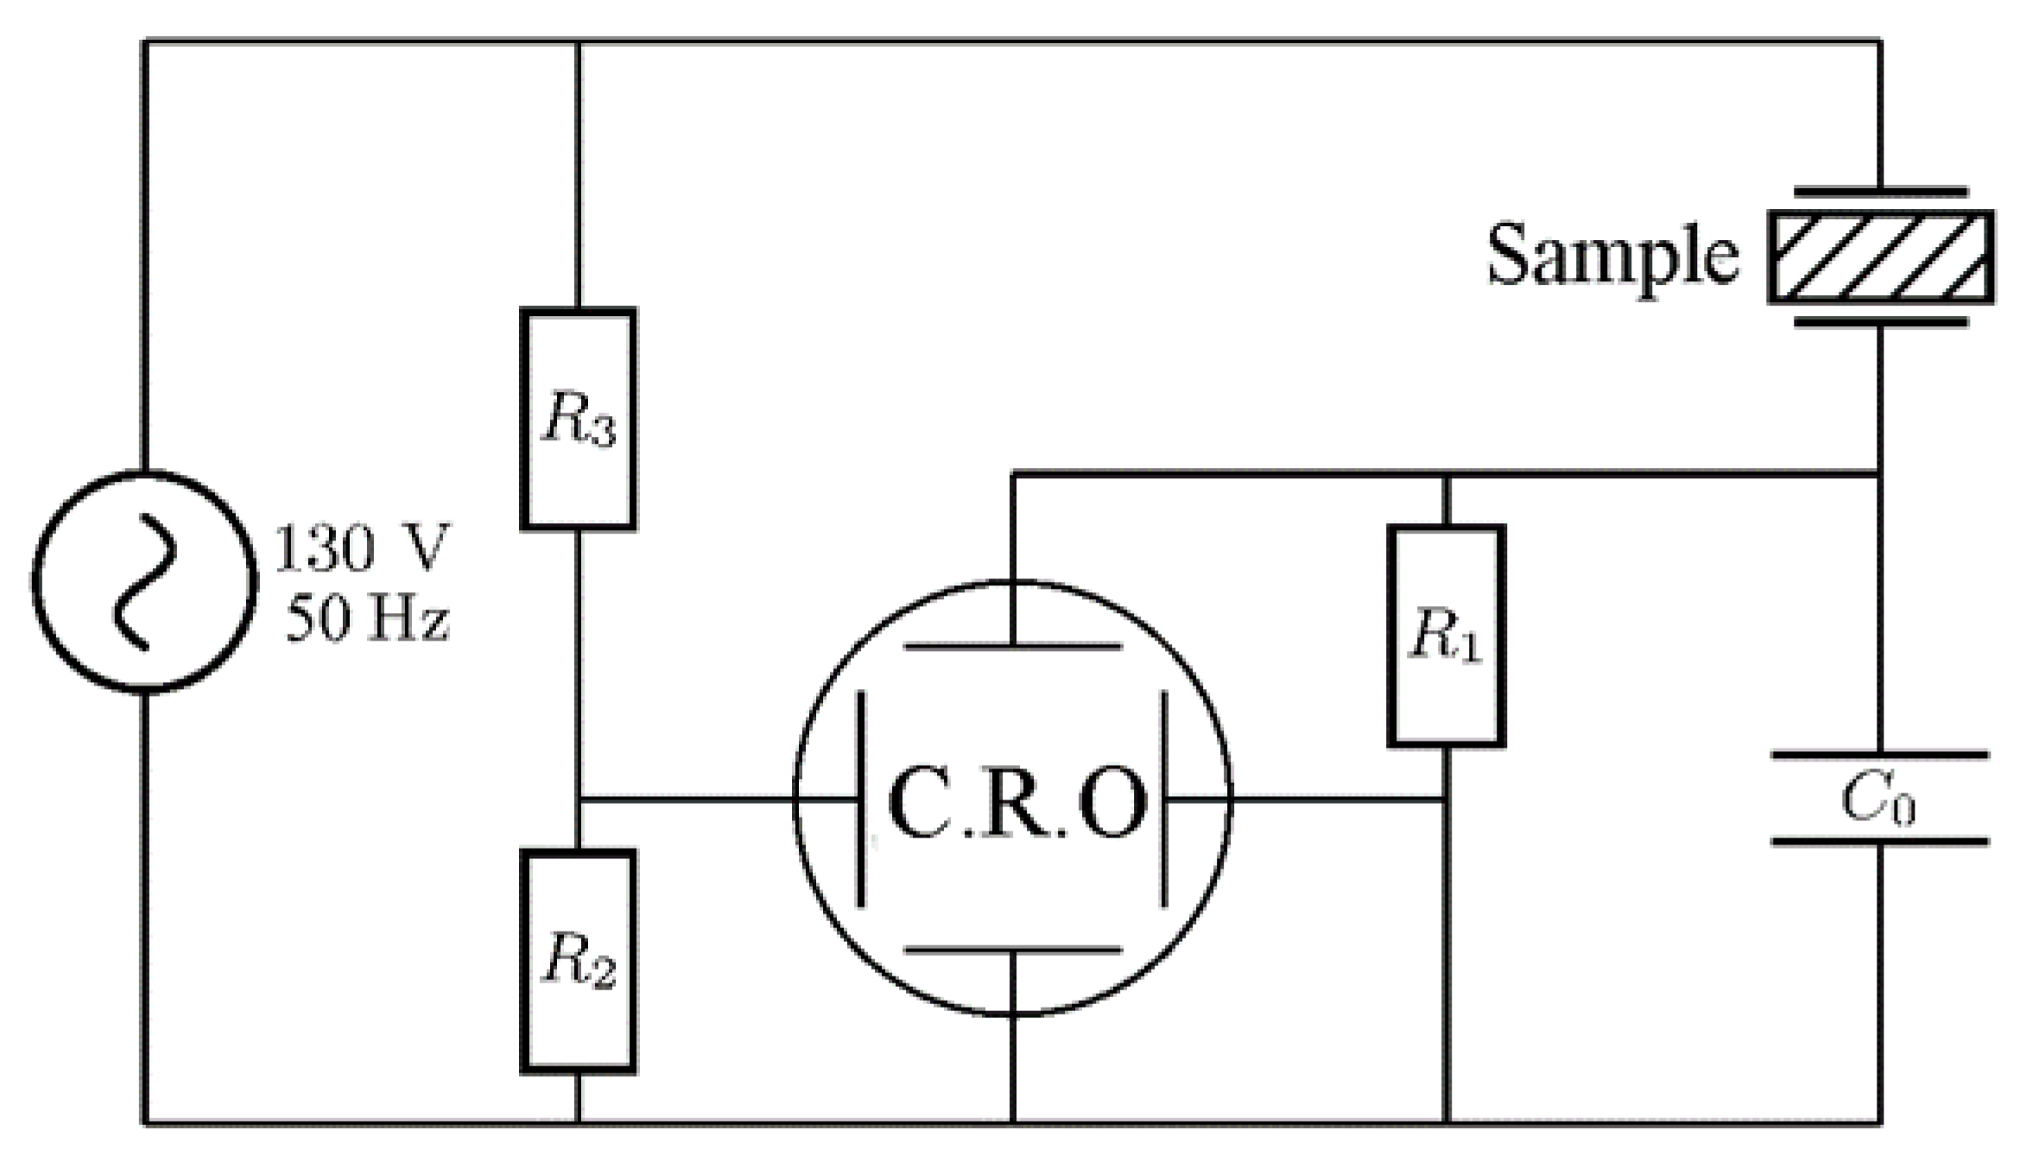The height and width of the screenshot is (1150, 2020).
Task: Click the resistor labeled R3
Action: click(x=578, y=419)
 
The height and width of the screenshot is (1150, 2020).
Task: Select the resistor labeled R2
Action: click(x=578, y=961)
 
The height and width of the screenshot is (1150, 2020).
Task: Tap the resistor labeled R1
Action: click(x=1446, y=635)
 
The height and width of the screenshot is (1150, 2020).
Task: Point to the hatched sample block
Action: click(x=1880, y=256)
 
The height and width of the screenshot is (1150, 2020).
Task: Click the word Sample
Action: click(x=1612, y=255)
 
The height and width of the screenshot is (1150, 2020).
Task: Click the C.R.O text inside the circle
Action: click(x=1016, y=803)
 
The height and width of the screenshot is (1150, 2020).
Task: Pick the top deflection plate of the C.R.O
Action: click(x=1012, y=646)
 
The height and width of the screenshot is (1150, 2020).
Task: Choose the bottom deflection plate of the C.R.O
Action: click(x=1012, y=950)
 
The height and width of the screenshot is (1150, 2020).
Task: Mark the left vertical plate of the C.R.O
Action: click(x=860, y=799)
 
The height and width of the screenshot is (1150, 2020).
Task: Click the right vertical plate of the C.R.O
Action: click(x=1164, y=799)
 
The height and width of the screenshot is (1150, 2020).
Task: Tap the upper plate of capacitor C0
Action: click(x=1879, y=755)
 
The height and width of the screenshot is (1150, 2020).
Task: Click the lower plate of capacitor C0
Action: click(x=1879, y=841)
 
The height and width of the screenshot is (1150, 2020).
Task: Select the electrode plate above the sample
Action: click(x=1880, y=192)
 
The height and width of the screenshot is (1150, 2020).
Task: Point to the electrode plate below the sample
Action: click(x=1880, y=322)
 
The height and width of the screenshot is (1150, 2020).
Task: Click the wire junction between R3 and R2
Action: click(x=578, y=799)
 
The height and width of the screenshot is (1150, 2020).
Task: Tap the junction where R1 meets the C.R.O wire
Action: click(x=1447, y=799)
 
